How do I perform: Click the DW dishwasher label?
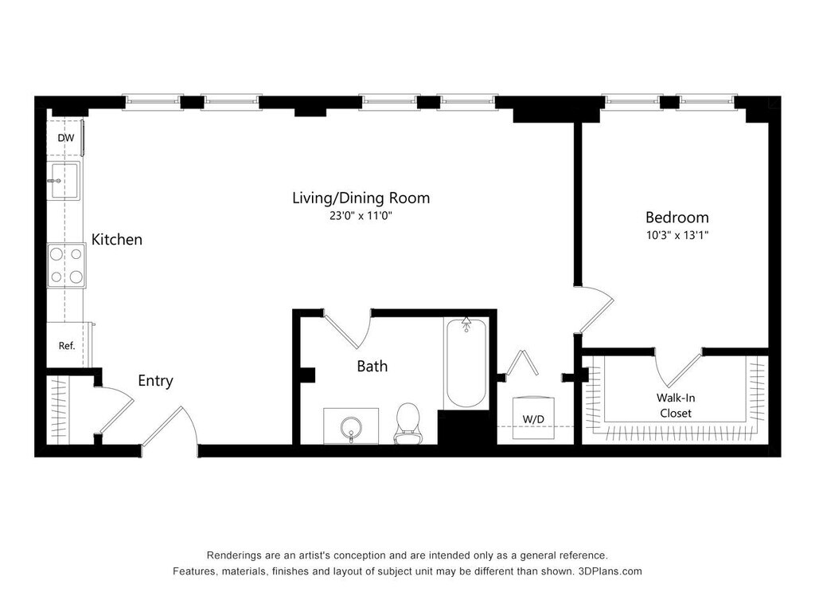click(x=65, y=139)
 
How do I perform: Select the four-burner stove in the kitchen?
click(x=66, y=265)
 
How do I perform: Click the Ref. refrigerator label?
click(x=67, y=346)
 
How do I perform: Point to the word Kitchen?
click(x=117, y=239)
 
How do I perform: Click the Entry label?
click(x=155, y=381)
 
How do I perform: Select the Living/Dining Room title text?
click(x=361, y=198)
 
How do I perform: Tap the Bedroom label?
click(x=677, y=217)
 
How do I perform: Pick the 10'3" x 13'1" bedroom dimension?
click(x=677, y=235)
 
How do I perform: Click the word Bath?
click(x=372, y=367)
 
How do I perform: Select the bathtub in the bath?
click(x=466, y=363)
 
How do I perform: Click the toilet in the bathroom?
click(x=408, y=422)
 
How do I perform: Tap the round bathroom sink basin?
click(x=350, y=426)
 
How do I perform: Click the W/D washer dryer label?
click(x=534, y=418)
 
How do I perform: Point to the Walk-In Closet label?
click(x=675, y=405)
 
